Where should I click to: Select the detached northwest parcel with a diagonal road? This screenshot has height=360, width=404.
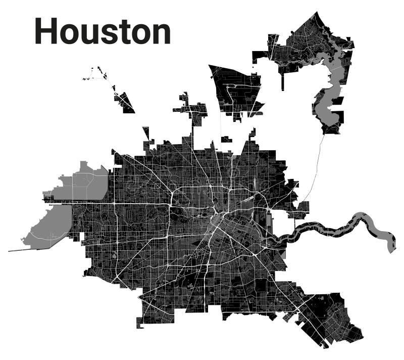tap(124, 101)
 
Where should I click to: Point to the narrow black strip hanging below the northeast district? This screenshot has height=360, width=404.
tap(282, 81)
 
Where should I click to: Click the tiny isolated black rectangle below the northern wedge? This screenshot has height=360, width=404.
tap(226, 139)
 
